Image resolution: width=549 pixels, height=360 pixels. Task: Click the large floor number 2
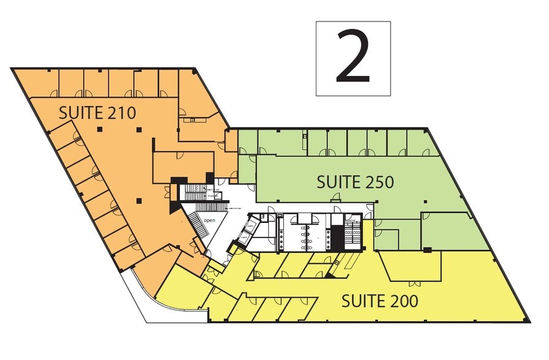(x=353, y=59)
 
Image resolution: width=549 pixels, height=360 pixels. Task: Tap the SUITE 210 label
(x=97, y=112)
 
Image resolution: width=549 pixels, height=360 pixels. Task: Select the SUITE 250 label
(x=354, y=182)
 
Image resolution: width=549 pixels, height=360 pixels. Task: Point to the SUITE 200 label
(x=379, y=301)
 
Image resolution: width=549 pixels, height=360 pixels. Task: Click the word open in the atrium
(x=209, y=220)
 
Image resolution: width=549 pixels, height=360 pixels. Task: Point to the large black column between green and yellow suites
(x=427, y=249)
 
